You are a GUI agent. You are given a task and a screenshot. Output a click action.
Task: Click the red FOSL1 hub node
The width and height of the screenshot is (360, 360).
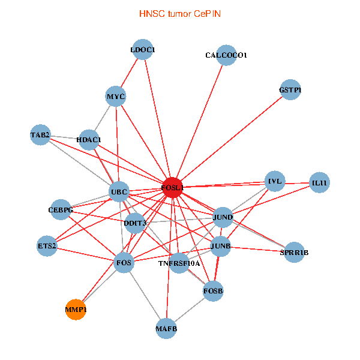click(172, 188)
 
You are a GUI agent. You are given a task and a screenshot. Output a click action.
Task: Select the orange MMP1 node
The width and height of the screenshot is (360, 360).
click(76, 310)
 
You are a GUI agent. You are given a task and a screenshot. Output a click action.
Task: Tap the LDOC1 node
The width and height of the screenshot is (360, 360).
click(143, 50)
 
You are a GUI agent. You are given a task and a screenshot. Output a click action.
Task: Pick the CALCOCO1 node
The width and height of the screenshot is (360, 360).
click(226, 55)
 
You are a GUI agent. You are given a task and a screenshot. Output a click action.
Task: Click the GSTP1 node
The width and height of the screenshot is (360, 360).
click(290, 90)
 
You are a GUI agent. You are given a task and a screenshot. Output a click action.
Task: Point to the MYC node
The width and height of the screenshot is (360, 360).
click(115, 96)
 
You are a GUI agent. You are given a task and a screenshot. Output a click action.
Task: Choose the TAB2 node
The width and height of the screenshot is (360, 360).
click(40, 134)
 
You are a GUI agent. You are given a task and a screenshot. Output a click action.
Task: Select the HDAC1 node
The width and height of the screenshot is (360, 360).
click(89, 140)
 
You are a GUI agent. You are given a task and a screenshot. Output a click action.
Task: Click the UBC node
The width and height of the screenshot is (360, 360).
click(119, 192)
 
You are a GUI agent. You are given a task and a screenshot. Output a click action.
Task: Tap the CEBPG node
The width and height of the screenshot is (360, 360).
click(61, 210)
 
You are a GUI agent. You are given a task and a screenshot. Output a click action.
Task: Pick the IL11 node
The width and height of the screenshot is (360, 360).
click(319, 182)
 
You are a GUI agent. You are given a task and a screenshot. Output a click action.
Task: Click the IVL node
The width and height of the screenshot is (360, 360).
click(275, 181)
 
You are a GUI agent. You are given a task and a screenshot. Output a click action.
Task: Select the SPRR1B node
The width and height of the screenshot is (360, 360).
click(294, 253)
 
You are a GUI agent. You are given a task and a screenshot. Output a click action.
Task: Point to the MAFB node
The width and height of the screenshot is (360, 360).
click(166, 328)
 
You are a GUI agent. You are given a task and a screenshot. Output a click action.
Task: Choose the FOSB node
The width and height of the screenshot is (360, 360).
click(213, 291)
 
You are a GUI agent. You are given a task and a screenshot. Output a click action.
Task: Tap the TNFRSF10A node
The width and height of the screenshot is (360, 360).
click(179, 263)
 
